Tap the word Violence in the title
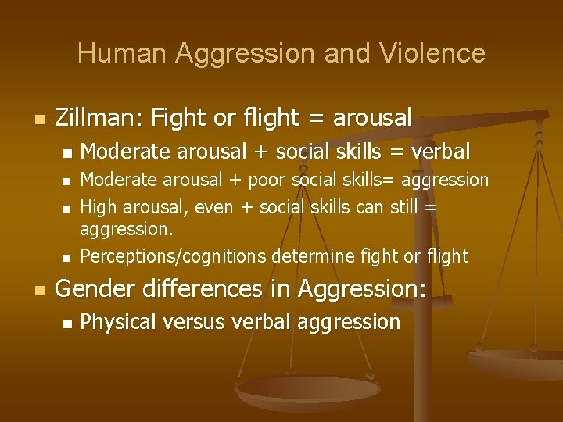pos(434,54)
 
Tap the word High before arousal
pos(99,207)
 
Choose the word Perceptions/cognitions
pos(174,256)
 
